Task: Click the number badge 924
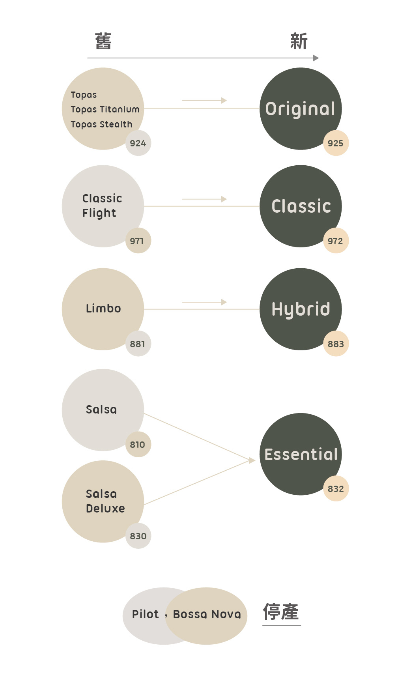(x=138, y=143)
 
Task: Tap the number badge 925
(x=336, y=143)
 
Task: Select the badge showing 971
(x=138, y=240)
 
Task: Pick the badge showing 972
(x=336, y=240)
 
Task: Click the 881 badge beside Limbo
(x=138, y=343)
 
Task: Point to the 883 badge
(x=336, y=343)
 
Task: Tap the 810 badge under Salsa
(x=138, y=444)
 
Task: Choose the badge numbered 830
(x=138, y=536)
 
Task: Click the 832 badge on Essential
(x=336, y=488)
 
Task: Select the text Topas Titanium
(x=105, y=109)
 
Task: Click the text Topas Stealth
(x=101, y=124)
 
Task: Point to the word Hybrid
(x=301, y=309)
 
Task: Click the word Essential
(x=301, y=454)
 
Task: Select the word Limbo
(x=103, y=308)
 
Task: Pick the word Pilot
(x=145, y=614)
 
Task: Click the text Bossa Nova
(x=207, y=614)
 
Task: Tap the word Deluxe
(x=105, y=508)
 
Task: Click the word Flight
(x=99, y=213)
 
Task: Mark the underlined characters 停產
(x=281, y=612)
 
